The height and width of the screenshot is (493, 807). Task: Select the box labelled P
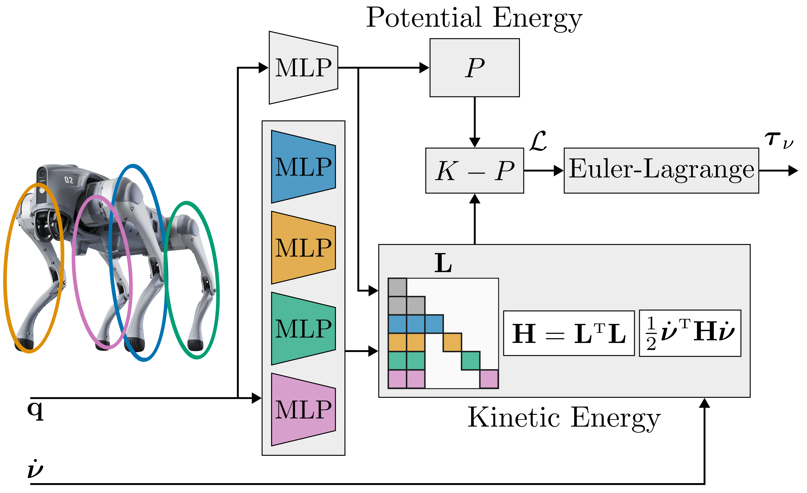point(474,68)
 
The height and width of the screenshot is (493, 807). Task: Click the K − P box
point(474,171)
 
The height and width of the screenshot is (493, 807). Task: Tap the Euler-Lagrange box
point(661,171)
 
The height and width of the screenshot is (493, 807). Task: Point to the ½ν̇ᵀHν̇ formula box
point(690,333)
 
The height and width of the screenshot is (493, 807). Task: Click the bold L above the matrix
point(443,263)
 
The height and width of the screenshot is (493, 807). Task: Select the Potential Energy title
point(474,18)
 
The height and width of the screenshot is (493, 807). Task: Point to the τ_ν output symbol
point(779,140)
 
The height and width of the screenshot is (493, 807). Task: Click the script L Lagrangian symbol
point(538,141)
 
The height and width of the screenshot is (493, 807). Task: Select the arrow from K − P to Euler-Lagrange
point(543,171)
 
